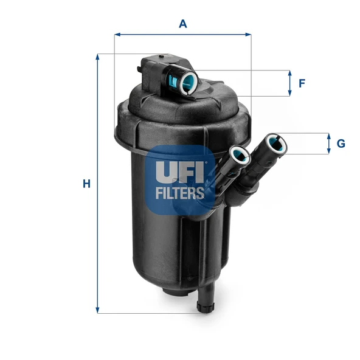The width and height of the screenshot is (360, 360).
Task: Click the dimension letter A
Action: coord(182,24)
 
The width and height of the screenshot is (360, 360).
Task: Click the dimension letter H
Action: coord(86,183)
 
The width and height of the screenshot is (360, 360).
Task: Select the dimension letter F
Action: coord(302,83)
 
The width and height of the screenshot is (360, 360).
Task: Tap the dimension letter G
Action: coord(341,144)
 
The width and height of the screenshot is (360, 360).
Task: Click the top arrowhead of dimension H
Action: coord(97,57)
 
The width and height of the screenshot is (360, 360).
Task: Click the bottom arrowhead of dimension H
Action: coord(97,310)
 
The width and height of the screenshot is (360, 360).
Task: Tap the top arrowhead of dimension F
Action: coord(290,73)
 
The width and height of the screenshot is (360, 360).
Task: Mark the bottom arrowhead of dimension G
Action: coord(328,151)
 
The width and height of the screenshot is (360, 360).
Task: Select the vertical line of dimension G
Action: coord(328,144)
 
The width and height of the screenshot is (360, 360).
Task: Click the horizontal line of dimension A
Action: coord(182,34)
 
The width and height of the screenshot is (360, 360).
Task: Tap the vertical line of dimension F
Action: coord(290,83)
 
